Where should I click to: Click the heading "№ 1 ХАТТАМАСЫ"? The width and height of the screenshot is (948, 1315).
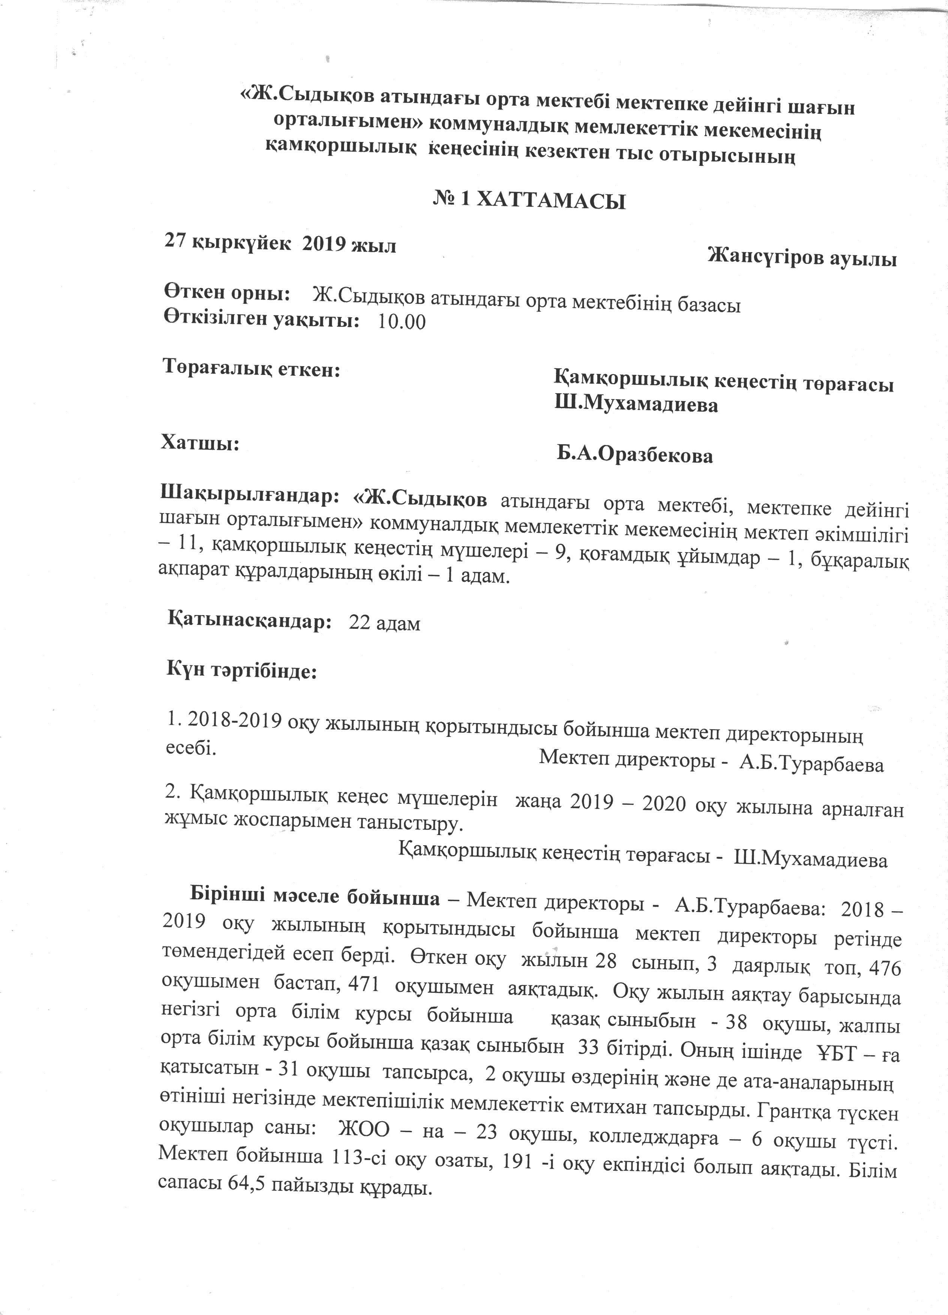click(529, 201)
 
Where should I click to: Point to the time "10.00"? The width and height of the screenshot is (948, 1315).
click(401, 322)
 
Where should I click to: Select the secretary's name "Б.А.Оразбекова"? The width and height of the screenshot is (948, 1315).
click(635, 455)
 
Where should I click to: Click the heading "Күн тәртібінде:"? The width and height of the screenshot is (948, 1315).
click(242, 671)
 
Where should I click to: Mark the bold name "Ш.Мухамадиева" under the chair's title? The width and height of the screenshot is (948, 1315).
click(636, 404)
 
